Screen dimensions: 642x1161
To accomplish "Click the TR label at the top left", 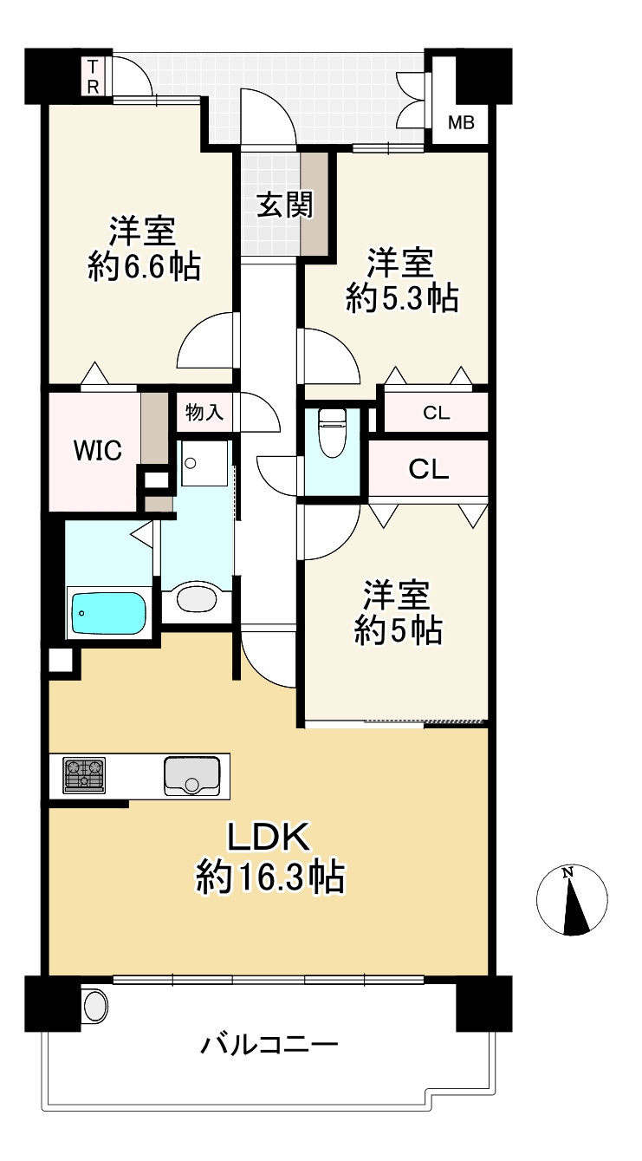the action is pyautogui.click(x=93, y=76).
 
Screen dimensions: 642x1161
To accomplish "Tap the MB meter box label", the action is pyautogui.click(x=461, y=123).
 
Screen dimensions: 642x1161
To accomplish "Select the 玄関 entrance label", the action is pyautogui.click(x=285, y=205).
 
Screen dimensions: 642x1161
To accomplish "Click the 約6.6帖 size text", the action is pyautogui.click(x=144, y=267).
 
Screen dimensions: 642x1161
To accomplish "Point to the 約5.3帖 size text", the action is pyautogui.click(x=402, y=298).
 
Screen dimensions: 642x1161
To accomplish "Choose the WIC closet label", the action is pyautogui.click(x=98, y=450).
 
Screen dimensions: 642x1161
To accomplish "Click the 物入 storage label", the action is pyautogui.click(x=204, y=413).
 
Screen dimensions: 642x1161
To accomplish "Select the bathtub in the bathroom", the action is pyautogui.click(x=107, y=613).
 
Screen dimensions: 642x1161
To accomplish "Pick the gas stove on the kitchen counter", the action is pyautogui.click(x=84, y=775).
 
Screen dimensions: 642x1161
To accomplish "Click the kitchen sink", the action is pyautogui.click(x=192, y=775).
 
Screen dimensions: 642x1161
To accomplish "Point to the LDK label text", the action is pyautogui.click(x=269, y=837).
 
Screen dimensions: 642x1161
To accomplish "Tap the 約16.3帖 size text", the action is pyautogui.click(x=269, y=877).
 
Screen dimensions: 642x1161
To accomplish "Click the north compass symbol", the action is pyautogui.click(x=572, y=899).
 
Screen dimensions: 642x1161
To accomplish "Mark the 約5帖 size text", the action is pyautogui.click(x=398, y=630).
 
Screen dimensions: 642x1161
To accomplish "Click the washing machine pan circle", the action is pyautogui.click(x=191, y=463).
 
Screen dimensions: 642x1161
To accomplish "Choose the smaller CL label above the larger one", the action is pyautogui.click(x=436, y=413).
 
